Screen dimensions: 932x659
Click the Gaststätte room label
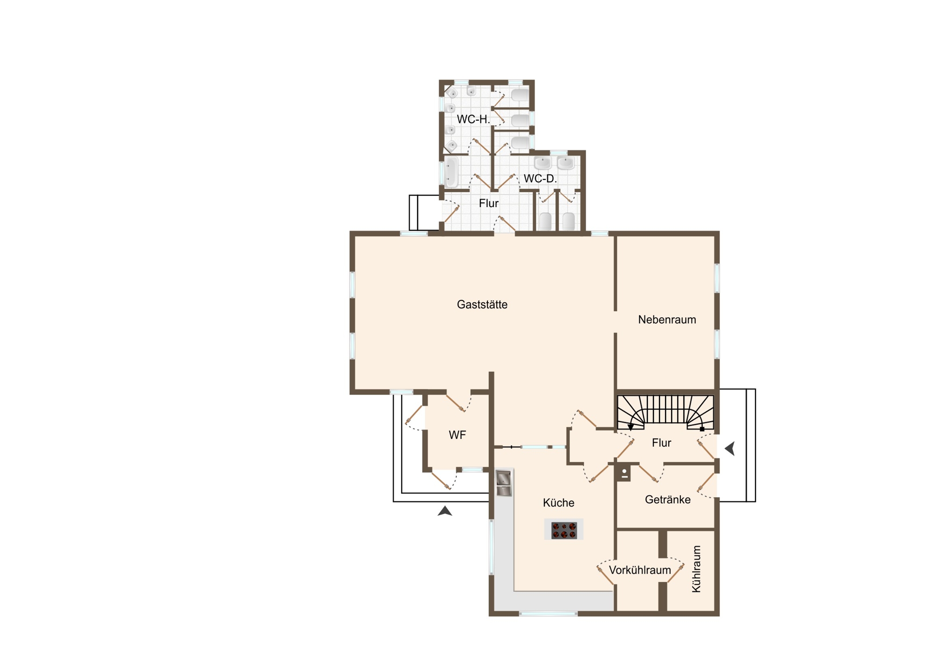tap(482, 305)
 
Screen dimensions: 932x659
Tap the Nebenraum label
tap(667, 319)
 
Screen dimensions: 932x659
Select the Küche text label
tap(558, 503)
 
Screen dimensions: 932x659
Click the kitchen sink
tap(504, 483)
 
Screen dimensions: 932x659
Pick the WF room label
tap(457, 435)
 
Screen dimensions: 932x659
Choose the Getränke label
tap(667, 499)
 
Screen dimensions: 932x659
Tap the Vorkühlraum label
tap(640, 570)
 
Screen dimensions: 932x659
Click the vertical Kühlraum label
tap(696, 569)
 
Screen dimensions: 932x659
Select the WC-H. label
tap(473, 119)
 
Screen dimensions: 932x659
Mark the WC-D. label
tap(540, 179)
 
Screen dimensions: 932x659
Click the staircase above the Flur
tap(665, 412)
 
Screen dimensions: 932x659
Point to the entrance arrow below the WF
tap(445, 511)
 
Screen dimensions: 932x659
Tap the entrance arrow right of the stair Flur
tap(730, 449)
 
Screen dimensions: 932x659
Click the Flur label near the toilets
tap(488, 203)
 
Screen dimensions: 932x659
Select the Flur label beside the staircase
tap(661, 443)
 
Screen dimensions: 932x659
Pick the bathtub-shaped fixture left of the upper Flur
tap(451, 172)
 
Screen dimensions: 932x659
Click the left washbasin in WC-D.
tap(542, 163)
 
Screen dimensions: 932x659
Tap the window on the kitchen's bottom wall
tap(548, 614)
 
